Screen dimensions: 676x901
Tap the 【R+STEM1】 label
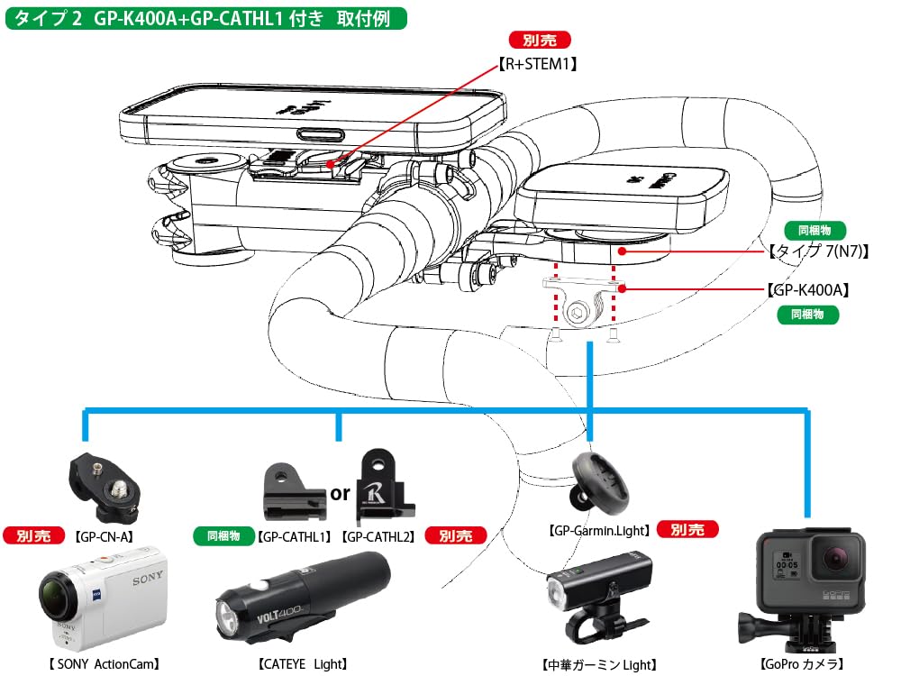[538, 64]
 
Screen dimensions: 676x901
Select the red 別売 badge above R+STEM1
[540, 41]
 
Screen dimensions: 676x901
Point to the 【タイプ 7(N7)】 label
[818, 251]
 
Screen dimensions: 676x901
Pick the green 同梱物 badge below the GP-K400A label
[807, 315]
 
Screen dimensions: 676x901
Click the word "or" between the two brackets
[340, 494]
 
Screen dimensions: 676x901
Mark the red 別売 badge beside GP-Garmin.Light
[687, 530]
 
